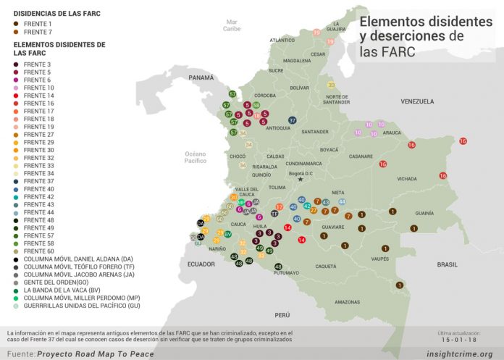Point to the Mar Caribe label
point(232,25)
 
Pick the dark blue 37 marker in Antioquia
point(293,120)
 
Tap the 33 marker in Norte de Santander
point(331,85)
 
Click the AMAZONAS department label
point(347,301)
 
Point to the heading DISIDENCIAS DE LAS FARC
point(57,14)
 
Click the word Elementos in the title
point(392,22)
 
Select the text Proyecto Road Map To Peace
point(101,354)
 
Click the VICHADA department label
point(406,178)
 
